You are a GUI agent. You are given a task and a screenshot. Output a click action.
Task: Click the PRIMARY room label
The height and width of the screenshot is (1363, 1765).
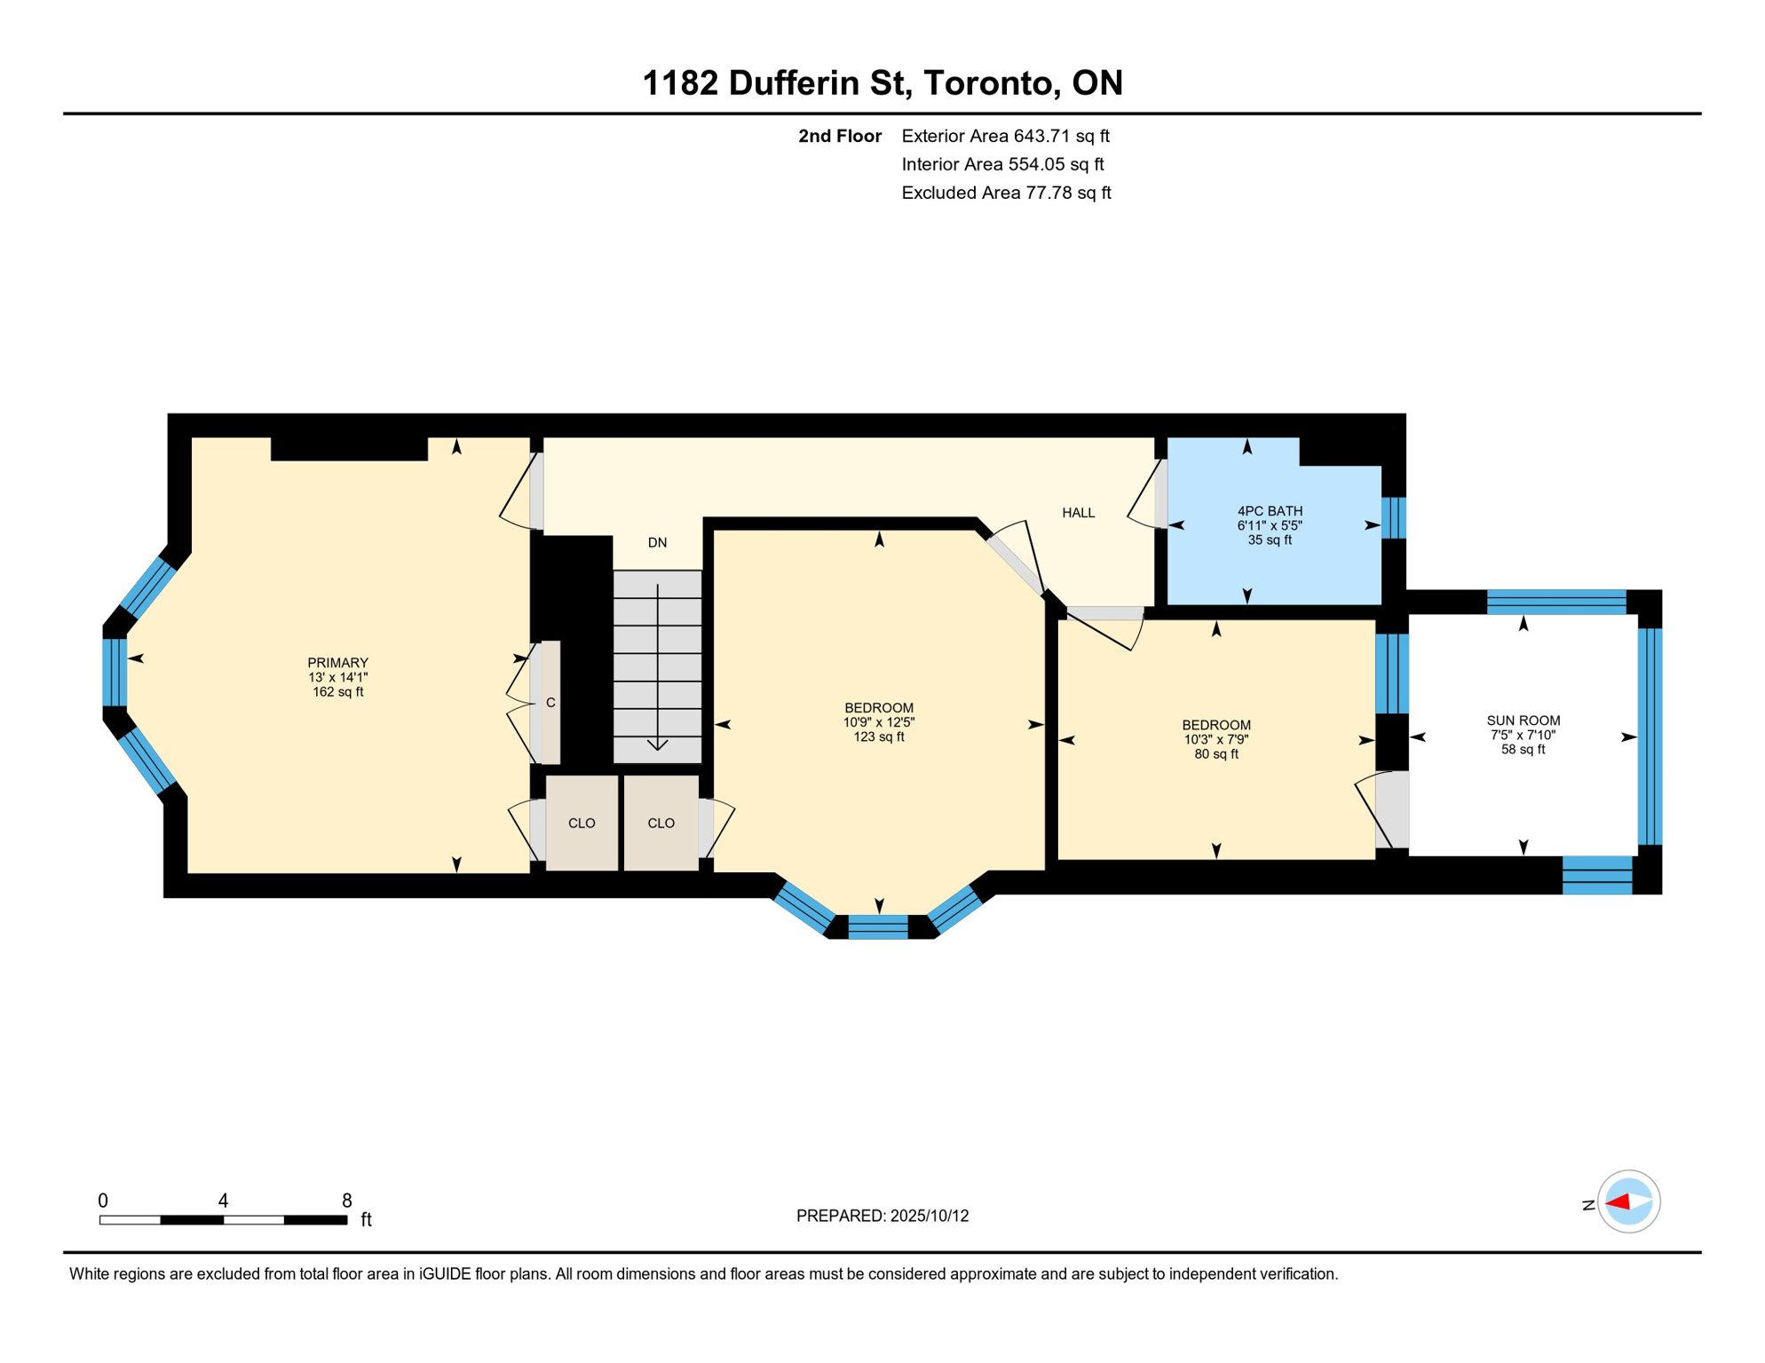click(x=337, y=663)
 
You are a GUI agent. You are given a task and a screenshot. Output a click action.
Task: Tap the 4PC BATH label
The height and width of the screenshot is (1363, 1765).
click(x=1270, y=511)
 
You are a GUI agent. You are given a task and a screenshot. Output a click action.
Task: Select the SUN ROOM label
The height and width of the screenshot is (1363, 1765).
click(x=1523, y=721)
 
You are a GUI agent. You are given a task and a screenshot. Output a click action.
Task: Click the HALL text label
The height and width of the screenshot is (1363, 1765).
click(x=1078, y=513)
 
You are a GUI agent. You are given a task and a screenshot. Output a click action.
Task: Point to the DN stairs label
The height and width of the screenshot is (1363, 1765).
click(x=657, y=543)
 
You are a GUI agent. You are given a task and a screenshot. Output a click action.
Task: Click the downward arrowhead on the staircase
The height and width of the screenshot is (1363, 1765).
click(x=657, y=745)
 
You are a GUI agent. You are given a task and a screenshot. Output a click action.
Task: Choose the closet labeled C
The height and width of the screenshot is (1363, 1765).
click(x=550, y=703)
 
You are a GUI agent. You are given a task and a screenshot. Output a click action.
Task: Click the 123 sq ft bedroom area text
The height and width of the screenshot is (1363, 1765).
click(x=878, y=737)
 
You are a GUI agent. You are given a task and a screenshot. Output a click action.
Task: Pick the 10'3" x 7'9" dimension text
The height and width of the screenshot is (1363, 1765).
click(x=1215, y=740)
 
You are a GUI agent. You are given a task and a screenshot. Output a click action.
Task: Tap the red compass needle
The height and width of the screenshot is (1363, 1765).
click(x=1618, y=1202)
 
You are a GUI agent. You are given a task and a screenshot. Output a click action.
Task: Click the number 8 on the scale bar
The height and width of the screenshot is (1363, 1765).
click(x=346, y=1201)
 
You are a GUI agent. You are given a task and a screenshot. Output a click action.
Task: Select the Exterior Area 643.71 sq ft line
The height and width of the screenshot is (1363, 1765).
click(x=1005, y=136)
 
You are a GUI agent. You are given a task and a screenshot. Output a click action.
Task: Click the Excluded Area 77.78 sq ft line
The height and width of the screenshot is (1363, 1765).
click(x=1005, y=193)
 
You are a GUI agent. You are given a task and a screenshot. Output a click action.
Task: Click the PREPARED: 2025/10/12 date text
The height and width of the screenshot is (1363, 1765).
click(x=882, y=1216)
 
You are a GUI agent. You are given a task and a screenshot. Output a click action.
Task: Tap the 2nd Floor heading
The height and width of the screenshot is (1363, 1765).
click(x=839, y=136)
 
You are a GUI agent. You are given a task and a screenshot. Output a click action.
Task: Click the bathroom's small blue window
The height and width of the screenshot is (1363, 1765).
click(x=1393, y=517)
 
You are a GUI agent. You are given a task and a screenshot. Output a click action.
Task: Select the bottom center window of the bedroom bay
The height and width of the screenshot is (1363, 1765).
click(x=877, y=927)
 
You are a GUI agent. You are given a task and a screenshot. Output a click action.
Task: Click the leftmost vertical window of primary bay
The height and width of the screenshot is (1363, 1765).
click(x=115, y=672)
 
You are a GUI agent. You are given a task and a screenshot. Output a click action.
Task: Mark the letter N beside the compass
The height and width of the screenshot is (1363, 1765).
click(x=1588, y=1205)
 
